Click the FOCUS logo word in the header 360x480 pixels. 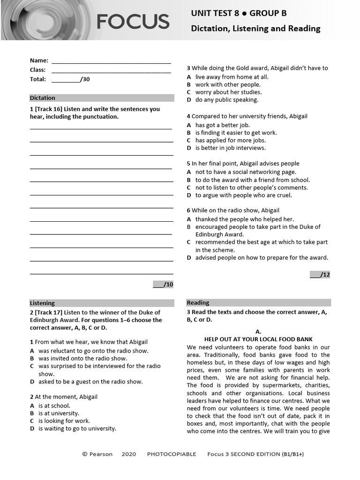(133, 22)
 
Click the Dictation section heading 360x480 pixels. (43, 98)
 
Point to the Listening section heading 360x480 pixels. (43, 303)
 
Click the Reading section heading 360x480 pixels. (198, 303)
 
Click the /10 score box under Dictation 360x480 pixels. (163, 285)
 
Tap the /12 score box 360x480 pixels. (320, 275)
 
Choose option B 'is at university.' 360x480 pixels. (59, 413)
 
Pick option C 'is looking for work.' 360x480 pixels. (64, 421)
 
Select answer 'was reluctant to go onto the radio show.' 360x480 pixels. (93, 351)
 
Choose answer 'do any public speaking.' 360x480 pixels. (227, 100)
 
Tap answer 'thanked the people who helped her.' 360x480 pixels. (245, 219)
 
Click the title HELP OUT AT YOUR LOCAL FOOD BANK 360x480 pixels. (258, 339)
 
